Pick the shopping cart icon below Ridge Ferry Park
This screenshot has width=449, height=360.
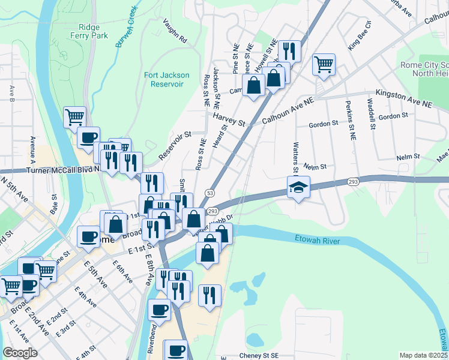pos(74,117)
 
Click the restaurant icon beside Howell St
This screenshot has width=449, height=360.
pos(290,51)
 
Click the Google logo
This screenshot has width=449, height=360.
pos(20,353)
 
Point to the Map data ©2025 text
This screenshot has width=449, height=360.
pos(423,355)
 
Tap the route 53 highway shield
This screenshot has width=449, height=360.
pos(209,193)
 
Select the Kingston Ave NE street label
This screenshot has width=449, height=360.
pos(403,100)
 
